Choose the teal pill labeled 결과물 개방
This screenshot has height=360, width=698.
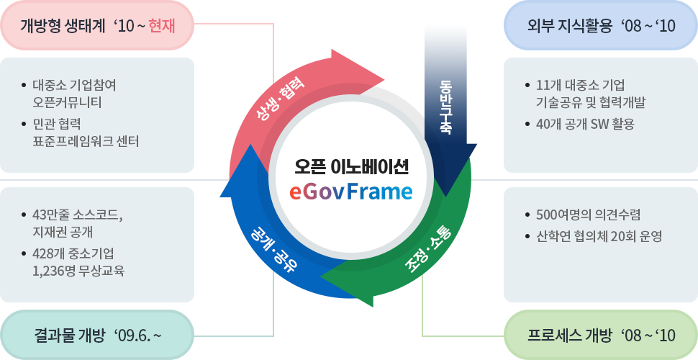coord(97,335)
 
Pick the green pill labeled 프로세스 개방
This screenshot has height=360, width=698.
coord(601,335)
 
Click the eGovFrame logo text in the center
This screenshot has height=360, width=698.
coord(350,192)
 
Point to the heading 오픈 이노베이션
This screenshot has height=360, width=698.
coord(350,167)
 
